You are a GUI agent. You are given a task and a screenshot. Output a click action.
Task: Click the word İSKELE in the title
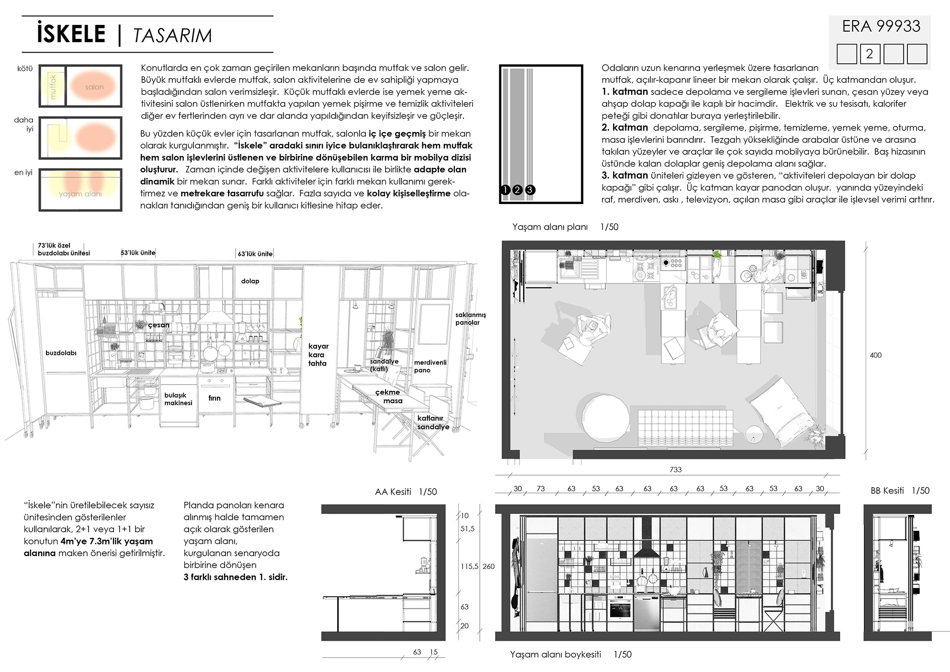pyautogui.click(x=71, y=34)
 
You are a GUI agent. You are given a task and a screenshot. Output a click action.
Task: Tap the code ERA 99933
pyautogui.click(x=881, y=26)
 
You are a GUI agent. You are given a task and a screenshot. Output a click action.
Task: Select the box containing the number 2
pyautogui.click(x=870, y=54)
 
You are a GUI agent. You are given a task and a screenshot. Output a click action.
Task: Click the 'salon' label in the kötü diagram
pyautogui.click(x=94, y=87)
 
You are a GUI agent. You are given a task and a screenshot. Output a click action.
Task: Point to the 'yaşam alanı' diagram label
pyautogui.click(x=80, y=194)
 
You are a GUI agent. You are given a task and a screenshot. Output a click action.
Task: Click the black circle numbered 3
pyautogui.click(x=530, y=190)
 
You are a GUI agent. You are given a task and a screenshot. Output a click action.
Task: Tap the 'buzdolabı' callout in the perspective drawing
pyautogui.click(x=61, y=353)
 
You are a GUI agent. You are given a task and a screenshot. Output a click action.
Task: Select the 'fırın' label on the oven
pyautogui.click(x=215, y=398)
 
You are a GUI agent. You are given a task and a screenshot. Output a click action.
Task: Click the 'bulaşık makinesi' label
pyautogui.click(x=178, y=399)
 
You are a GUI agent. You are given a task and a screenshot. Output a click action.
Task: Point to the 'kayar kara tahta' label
pyautogui.click(x=318, y=355)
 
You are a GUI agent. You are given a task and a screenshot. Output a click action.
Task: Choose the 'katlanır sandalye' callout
pyautogui.click(x=433, y=422)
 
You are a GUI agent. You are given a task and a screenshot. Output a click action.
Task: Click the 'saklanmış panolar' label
pyautogui.click(x=470, y=319)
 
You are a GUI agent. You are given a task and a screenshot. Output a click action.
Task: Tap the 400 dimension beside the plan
pyautogui.click(x=875, y=355)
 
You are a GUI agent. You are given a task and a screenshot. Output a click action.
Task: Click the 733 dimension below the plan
pyautogui.click(x=675, y=470)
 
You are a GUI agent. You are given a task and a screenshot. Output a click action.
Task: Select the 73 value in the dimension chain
pyautogui.click(x=541, y=489)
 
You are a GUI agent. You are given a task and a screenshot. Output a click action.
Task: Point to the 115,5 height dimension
pyautogui.click(x=469, y=566)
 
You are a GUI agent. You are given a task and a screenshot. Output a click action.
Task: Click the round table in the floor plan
pyautogui.click(x=605, y=418)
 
